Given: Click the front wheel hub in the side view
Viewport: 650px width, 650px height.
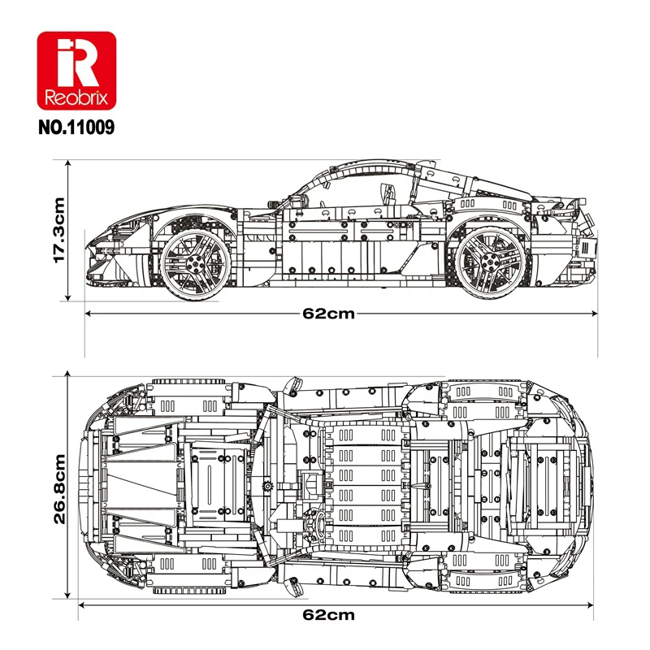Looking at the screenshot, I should (195, 262).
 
